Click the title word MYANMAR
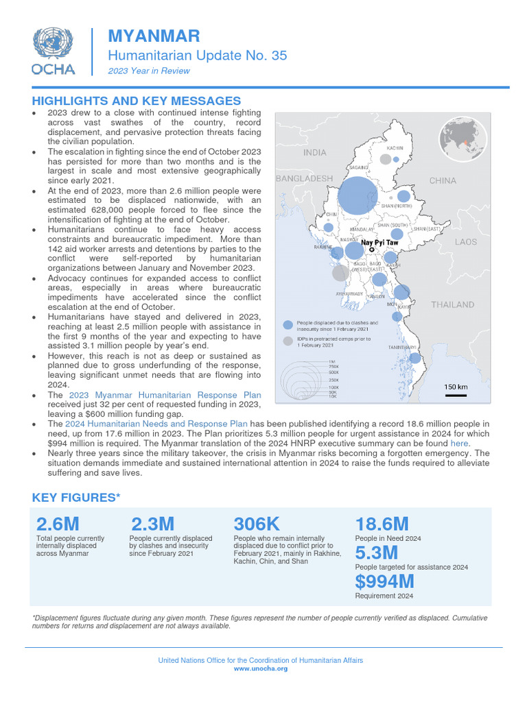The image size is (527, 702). pos(154,36)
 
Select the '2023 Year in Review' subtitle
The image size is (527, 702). pos(149,71)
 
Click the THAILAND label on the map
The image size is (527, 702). pos(452,304)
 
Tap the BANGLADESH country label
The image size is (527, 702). pos(304,178)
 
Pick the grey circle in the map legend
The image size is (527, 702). pos(288,341)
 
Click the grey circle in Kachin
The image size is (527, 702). pos(386,159)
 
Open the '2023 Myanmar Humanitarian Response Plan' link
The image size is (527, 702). pos(164,395)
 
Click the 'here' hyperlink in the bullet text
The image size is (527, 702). pos(459,444)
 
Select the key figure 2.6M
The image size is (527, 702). pos(58,524)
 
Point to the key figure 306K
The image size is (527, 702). pos(257,524)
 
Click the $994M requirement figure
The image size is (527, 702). pos(384,582)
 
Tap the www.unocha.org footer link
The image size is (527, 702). pos(261,668)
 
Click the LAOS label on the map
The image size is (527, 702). pos(465,242)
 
